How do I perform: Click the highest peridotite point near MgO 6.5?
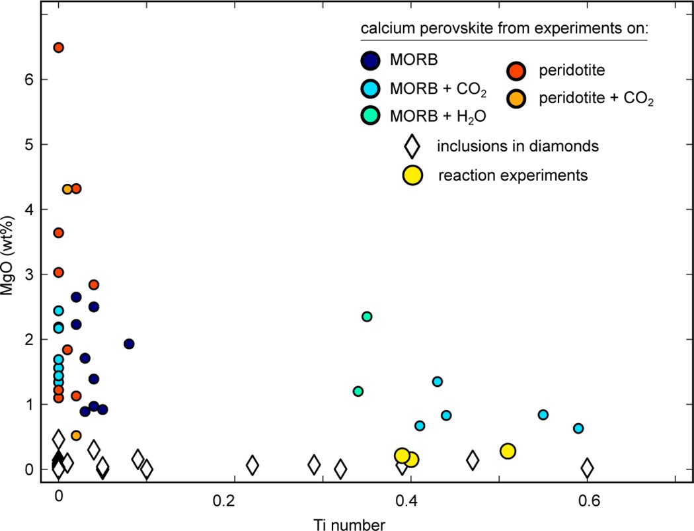tap(58, 48)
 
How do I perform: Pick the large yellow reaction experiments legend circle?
tap(413, 175)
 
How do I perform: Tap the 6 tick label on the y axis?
tap(29, 79)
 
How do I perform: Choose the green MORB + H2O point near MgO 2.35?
tap(367, 317)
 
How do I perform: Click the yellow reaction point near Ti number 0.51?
tap(508, 451)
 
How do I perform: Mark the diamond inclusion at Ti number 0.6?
tap(587, 468)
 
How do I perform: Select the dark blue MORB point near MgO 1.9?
tap(129, 344)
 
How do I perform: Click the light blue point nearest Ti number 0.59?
tap(578, 429)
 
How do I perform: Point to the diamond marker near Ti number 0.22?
tap(252, 465)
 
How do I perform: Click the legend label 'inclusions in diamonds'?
tap(518, 145)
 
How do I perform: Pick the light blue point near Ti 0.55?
tap(543, 415)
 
